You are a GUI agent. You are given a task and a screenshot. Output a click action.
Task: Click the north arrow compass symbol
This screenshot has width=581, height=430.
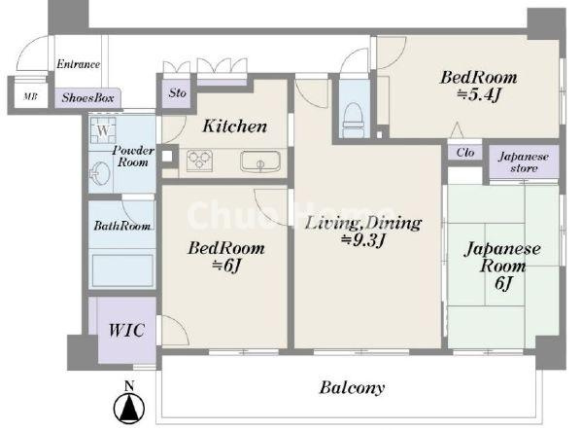pyautogui.click(x=129, y=409)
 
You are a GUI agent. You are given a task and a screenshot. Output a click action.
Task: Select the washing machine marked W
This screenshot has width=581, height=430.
pyautogui.click(x=103, y=130)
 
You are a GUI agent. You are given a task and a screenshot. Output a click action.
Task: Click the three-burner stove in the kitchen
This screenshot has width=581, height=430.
pyautogui.click(x=200, y=161)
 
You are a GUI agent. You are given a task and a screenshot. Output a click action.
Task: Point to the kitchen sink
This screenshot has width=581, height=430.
pyautogui.click(x=260, y=161)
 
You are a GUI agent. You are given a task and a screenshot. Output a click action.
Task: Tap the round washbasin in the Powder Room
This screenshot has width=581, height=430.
pyautogui.click(x=100, y=173)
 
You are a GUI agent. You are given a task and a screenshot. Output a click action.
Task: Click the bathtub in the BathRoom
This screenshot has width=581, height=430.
pyautogui.click(x=122, y=270)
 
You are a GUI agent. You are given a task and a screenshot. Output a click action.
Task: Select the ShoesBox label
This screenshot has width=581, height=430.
pyautogui.click(x=87, y=97)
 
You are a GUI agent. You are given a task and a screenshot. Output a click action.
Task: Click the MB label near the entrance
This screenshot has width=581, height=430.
pyautogui.click(x=30, y=96)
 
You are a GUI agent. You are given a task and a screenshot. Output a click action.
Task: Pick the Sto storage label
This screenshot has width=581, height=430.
pyautogui.click(x=177, y=92)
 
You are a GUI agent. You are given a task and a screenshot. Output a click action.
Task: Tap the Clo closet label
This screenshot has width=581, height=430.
pyautogui.click(x=465, y=152)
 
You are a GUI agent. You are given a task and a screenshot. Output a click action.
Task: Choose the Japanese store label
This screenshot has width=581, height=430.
pyautogui.click(x=524, y=162)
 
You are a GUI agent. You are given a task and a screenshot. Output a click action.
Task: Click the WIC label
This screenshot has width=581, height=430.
pyautogui.click(x=126, y=330)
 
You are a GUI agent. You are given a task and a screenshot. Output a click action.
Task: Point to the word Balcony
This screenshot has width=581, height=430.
pyautogui.click(x=352, y=388)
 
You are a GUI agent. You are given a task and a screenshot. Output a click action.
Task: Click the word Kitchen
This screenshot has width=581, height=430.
pyautogui.click(x=235, y=126)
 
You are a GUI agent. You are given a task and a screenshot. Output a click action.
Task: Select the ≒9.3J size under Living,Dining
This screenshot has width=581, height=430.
pyautogui.click(x=363, y=241)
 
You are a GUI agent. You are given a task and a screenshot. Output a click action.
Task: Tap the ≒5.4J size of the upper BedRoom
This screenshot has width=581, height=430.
pyautogui.click(x=479, y=95)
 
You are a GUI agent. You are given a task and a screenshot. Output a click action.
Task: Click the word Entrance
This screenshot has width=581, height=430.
pyautogui.click(x=78, y=64)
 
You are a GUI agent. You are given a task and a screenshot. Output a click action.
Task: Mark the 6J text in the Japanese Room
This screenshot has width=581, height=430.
pyautogui.click(x=503, y=284)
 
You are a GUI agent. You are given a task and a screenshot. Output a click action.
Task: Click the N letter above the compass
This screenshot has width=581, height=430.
pyautogui.click(x=129, y=386)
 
